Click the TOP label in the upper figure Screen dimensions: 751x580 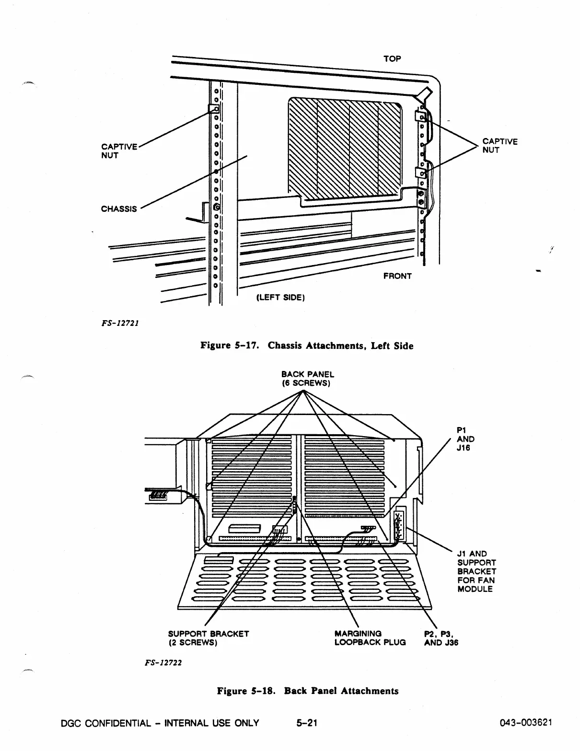392,58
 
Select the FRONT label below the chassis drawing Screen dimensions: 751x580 397,276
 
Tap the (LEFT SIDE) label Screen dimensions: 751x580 281,297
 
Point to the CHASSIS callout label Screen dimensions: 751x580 118,209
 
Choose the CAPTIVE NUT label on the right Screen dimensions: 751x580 500,146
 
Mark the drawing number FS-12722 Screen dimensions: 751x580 161,663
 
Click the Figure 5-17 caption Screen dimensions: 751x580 307,346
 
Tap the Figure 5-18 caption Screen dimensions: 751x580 308,691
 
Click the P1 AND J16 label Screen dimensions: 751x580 465,439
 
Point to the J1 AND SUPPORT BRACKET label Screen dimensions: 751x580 476,571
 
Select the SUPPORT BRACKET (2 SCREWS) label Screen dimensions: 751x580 208,638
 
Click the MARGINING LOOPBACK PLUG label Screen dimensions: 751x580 370,638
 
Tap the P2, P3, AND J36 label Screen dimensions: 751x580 441,638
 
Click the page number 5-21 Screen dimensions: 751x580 307,723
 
